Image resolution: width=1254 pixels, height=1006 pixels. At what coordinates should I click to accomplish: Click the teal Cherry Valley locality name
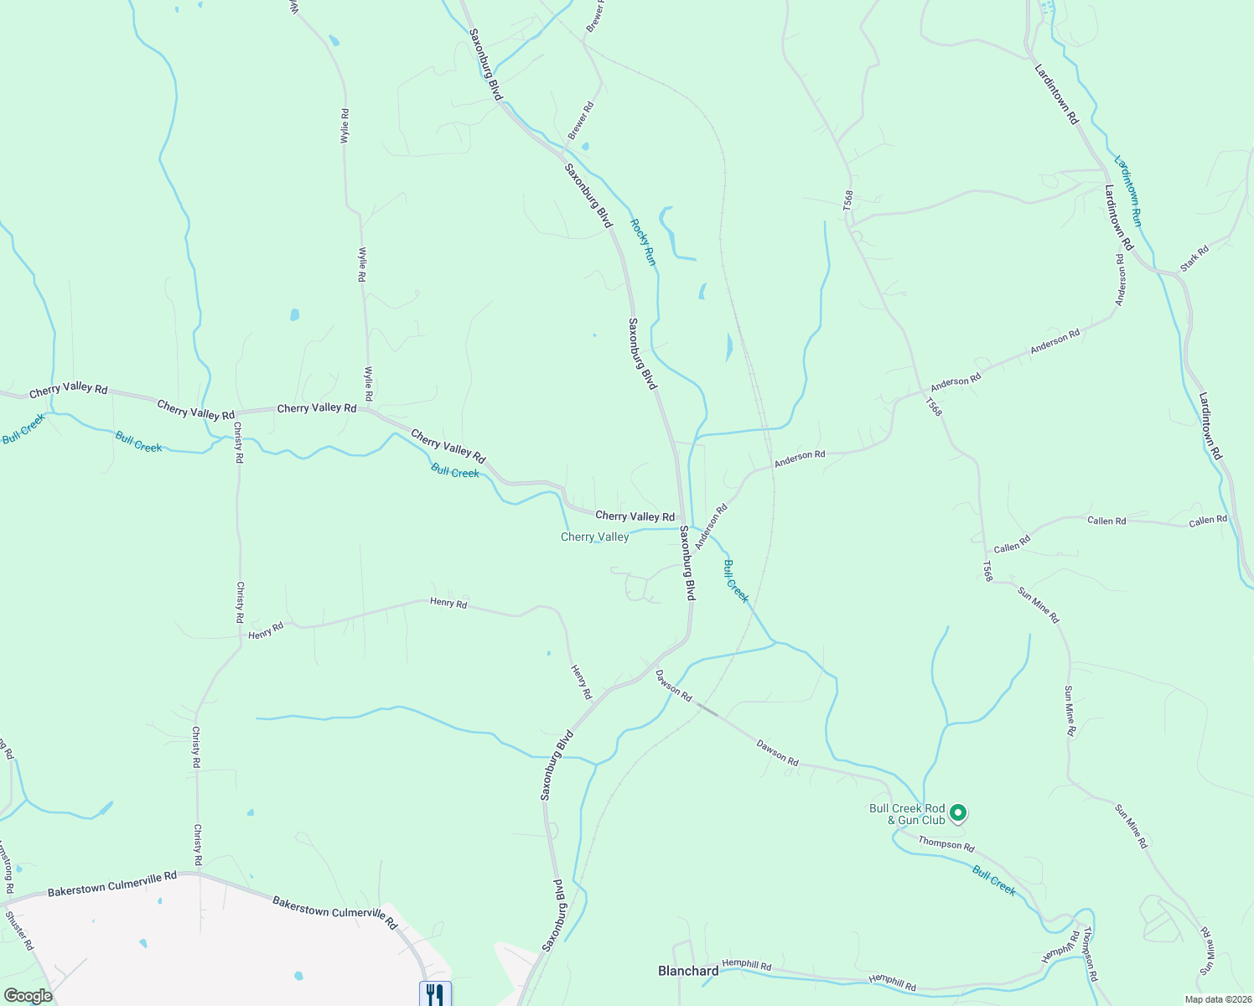(594, 537)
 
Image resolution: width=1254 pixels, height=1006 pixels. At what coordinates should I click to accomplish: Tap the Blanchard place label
(687, 971)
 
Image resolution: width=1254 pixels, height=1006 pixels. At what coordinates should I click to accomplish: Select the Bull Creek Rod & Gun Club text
(907, 814)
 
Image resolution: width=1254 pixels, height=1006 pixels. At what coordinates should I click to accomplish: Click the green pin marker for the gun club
(959, 812)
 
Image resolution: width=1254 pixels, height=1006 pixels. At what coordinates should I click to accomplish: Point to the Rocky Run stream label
(643, 242)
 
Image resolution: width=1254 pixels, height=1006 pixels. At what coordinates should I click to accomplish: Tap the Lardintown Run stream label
(1127, 190)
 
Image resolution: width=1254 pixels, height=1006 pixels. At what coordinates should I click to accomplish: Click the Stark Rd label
(1194, 258)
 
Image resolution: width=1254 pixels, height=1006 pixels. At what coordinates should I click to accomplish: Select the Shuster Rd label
(18, 931)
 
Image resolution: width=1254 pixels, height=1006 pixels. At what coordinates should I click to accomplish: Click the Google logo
(28, 996)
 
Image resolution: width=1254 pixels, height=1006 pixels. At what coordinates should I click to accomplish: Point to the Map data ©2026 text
(1217, 999)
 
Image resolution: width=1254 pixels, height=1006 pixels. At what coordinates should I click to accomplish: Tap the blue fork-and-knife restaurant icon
(435, 994)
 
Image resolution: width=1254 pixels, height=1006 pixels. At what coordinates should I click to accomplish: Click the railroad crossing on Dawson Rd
(707, 711)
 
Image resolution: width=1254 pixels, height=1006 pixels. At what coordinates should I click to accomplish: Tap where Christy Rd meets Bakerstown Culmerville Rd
(198, 874)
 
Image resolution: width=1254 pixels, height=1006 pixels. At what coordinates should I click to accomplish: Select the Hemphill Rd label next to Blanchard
(746, 965)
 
